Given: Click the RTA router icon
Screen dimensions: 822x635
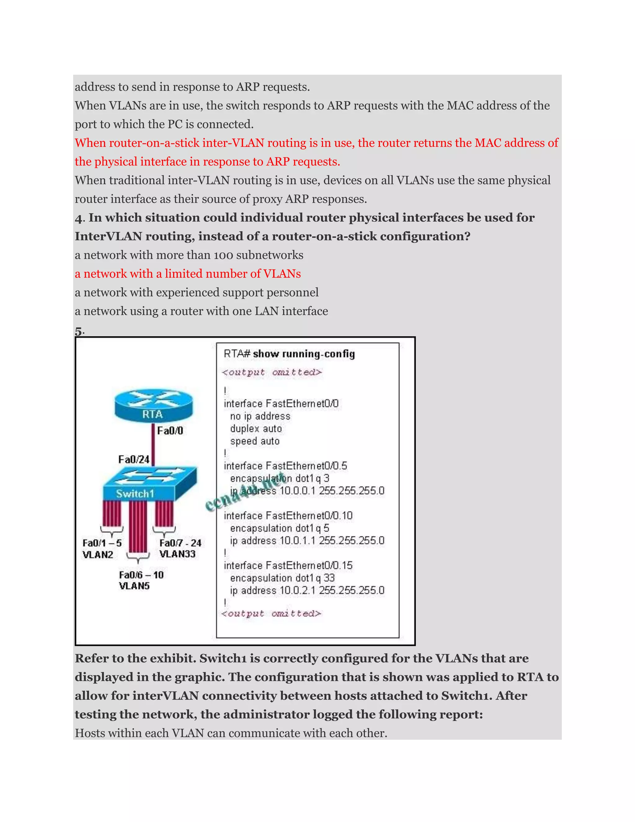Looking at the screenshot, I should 153,406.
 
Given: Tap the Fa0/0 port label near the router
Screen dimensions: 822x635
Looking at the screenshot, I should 170,431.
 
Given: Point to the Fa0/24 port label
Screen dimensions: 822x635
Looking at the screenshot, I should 134,460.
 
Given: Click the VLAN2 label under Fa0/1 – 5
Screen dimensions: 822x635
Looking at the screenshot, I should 98,555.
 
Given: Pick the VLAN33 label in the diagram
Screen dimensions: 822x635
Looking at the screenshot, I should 177,554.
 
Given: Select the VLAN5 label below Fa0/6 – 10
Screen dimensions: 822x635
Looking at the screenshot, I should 134,586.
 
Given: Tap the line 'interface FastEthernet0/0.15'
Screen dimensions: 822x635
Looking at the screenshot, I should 288,565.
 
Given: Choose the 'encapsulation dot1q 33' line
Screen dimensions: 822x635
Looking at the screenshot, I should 282,578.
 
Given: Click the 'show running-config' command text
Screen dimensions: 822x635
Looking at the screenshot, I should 304,354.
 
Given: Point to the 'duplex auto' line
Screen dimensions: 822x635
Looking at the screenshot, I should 256,429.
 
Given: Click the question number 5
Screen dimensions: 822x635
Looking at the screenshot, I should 78,331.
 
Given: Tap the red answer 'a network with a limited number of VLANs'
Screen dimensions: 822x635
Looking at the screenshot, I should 188,274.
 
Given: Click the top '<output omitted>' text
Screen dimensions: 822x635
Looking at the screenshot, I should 272,372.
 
